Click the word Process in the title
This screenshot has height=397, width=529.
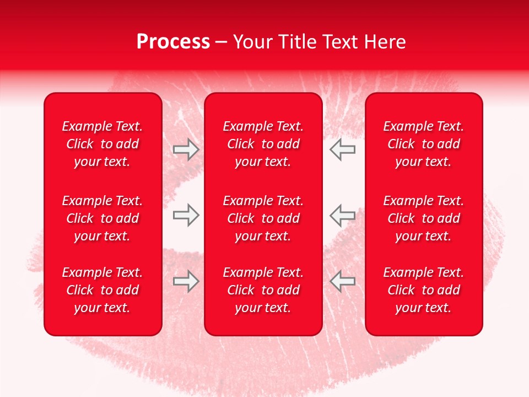pyautogui.click(x=173, y=42)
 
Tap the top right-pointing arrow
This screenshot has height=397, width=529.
pyautogui.click(x=186, y=149)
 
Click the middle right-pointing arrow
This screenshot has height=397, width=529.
pyautogui.click(x=186, y=215)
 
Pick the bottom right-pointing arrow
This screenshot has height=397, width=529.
pyautogui.click(x=186, y=281)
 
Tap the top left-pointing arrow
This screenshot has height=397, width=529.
pyautogui.click(x=343, y=149)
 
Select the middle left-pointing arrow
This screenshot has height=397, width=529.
pyautogui.click(x=343, y=215)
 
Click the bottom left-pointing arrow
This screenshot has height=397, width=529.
pyautogui.click(x=343, y=281)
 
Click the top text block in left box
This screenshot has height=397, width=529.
pyautogui.click(x=102, y=144)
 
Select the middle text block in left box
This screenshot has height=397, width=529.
pyautogui.click(x=102, y=218)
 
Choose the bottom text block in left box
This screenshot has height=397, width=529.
pyautogui.click(x=102, y=290)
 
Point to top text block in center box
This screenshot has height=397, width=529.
pyautogui.click(x=263, y=144)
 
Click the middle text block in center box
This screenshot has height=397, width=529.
pyautogui.click(x=263, y=218)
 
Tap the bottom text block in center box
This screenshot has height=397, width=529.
pyautogui.click(x=263, y=290)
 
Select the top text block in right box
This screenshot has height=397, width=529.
pyautogui.click(x=424, y=144)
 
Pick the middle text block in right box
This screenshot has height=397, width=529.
pyautogui.click(x=424, y=218)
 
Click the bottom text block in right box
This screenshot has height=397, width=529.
pyautogui.click(x=424, y=290)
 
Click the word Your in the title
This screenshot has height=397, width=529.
pyautogui.click(x=252, y=42)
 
